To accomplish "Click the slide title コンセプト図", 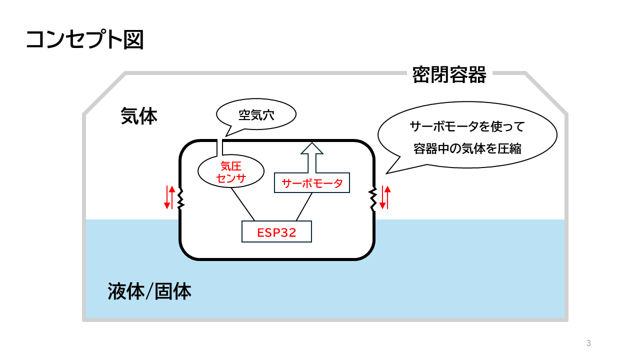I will coord(84,39).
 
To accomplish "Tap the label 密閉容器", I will coord(449,75).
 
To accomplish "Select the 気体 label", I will coord(139,116).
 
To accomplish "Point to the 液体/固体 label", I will coord(149,291).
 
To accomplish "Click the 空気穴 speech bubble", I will coord(256,115).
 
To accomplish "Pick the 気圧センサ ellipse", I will coord(230,171).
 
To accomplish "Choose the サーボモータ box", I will coord(312,183).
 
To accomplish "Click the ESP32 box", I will coord(276,232).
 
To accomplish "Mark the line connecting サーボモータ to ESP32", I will coord(304,206).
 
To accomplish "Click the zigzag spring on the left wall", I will coord(180,198).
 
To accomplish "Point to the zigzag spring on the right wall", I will coord(373,198).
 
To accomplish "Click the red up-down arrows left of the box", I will coord(169,197).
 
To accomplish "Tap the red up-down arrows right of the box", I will coord(384,197).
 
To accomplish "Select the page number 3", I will coord(588,343).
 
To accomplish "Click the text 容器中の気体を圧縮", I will coord(467,148).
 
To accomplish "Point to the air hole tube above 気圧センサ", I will coord(219,148).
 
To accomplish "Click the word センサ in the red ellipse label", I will coord(230,178).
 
